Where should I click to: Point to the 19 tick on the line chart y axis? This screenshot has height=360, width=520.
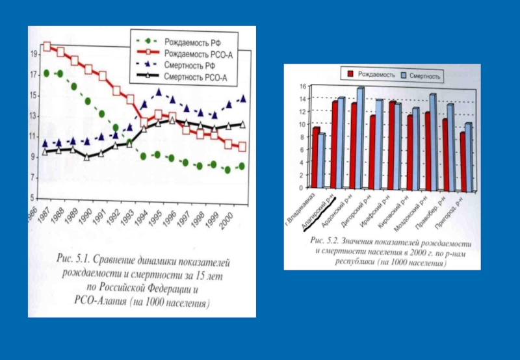(33, 55)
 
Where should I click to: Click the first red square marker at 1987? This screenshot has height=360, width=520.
(47, 46)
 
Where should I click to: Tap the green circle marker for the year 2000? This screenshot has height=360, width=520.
(242, 166)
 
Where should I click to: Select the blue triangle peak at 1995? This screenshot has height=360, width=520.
(159, 92)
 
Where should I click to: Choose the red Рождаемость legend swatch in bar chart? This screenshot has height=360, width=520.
(351, 75)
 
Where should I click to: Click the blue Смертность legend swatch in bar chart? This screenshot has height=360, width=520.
(402, 75)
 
